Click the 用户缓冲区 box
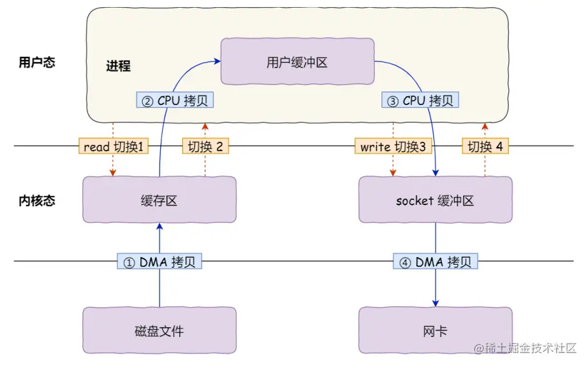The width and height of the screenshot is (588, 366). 297,61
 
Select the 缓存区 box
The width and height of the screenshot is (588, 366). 159,200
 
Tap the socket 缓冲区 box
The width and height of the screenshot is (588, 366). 435,200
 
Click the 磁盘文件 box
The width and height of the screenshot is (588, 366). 159,331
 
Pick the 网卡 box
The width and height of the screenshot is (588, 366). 435,331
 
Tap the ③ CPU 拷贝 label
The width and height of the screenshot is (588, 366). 421,101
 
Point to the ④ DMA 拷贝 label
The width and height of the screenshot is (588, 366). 436,262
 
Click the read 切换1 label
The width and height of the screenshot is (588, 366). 113,146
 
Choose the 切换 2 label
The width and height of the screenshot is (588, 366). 205,146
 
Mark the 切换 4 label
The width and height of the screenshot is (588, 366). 485,146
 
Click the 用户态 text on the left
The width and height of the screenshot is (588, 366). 37,63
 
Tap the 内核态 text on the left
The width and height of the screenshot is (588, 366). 37,200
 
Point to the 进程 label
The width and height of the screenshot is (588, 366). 118,66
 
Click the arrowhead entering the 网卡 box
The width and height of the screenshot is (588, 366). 436,303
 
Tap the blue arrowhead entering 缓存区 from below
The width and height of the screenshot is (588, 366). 159,226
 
